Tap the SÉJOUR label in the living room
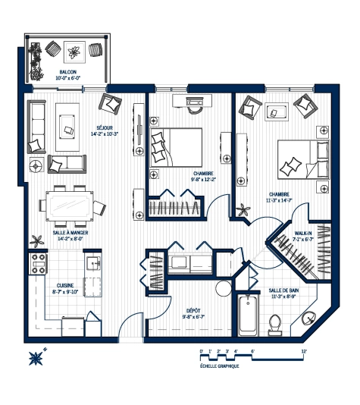(x=104, y=127)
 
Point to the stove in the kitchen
(x=38, y=264)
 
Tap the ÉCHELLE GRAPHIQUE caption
(x=220, y=366)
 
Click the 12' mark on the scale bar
(x=304, y=351)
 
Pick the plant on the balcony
(x=74, y=52)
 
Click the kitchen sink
(x=92, y=263)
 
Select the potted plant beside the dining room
(x=36, y=242)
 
